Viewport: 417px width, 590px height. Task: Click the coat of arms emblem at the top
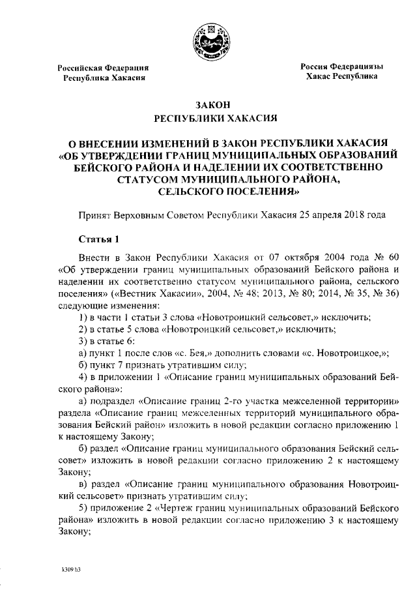pyautogui.click(x=208, y=38)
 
